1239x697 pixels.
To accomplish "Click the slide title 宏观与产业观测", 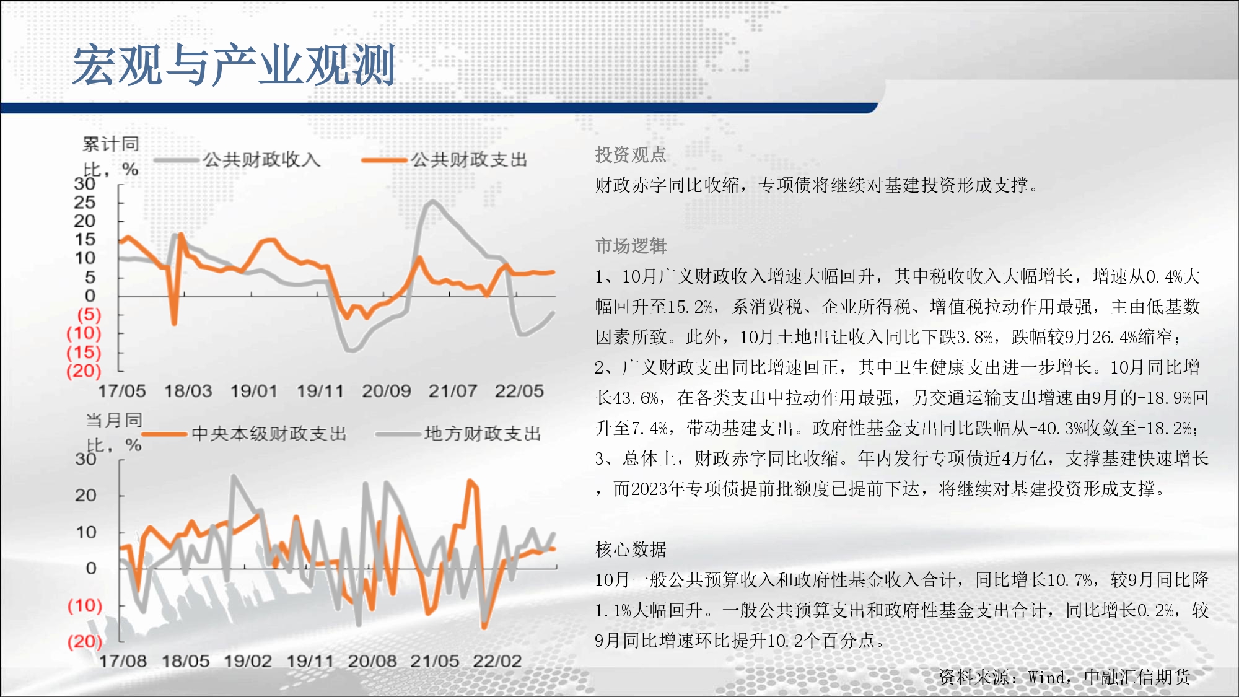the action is point(234,65).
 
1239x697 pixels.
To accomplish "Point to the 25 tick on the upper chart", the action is point(85,203).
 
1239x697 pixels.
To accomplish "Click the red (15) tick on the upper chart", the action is point(84,352).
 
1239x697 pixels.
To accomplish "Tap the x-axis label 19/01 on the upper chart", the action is point(254,391).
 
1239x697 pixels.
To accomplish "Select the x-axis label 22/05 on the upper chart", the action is point(519,391).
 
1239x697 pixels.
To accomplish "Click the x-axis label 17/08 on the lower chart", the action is point(123,661).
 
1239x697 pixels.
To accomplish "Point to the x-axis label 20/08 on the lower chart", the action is point(372,661).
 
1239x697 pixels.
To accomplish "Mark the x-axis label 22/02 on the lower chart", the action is point(497,661).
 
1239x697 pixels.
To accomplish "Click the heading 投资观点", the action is point(631,155).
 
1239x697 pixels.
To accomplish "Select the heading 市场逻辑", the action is point(631,246).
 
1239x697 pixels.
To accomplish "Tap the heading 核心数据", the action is point(631,550).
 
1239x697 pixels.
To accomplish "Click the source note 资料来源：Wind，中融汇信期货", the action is point(1064,677).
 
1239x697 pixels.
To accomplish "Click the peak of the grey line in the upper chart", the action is point(431,201).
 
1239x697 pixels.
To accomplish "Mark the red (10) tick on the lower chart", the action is point(85,605).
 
